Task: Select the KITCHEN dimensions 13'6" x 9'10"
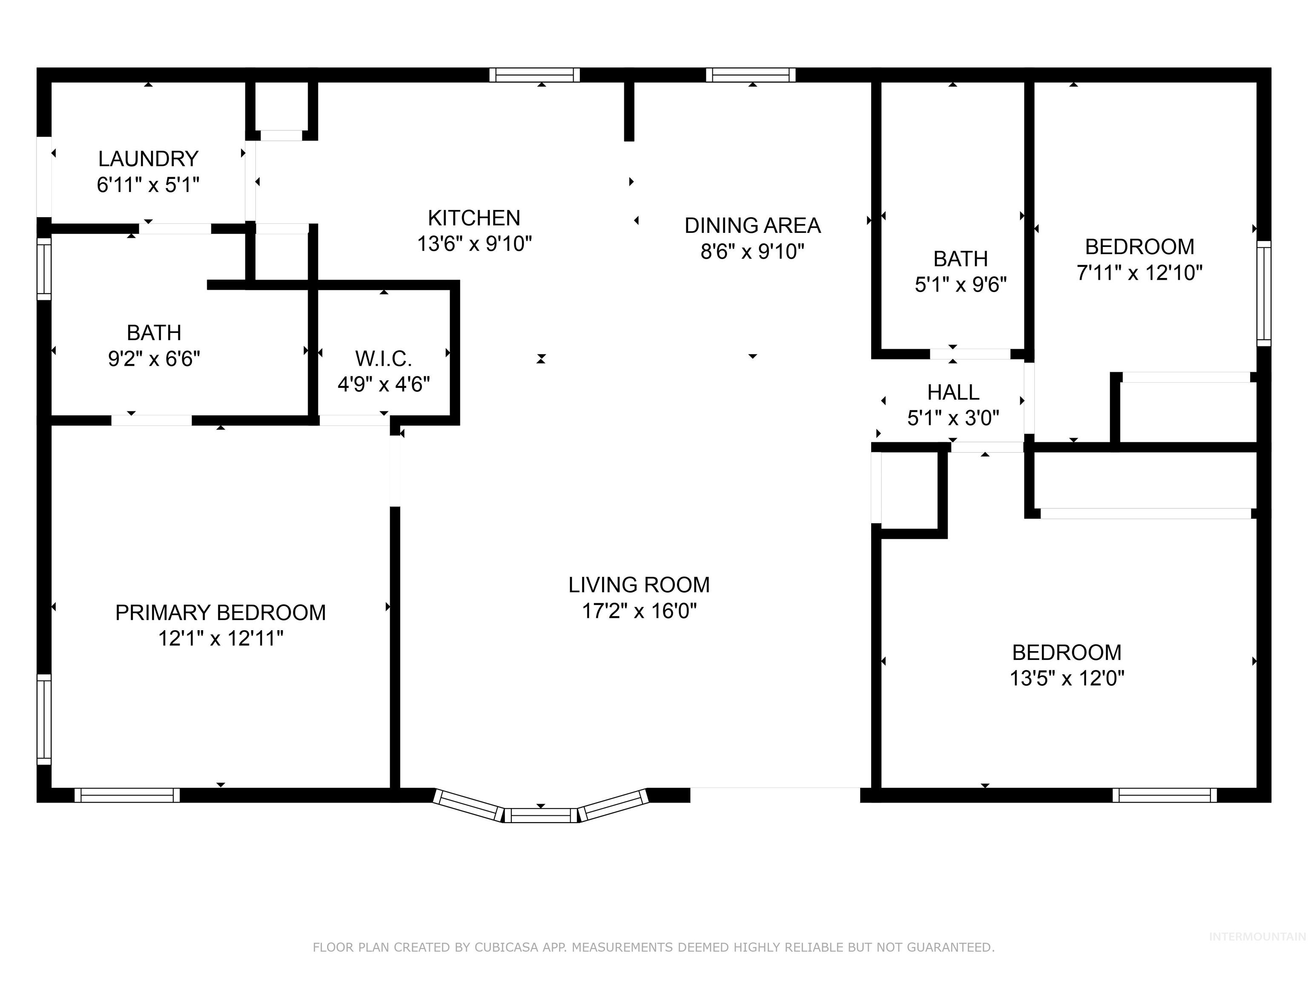coord(474,244)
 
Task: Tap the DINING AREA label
coord(752,225)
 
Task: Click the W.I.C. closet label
coord(383,359)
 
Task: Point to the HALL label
coord(952,392)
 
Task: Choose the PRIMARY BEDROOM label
coord(220,613)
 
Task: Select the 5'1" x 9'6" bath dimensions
coord(960,285)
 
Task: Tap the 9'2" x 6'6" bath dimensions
coord(154,359)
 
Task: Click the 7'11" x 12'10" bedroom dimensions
coord(1139,272)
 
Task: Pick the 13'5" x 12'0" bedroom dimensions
coord(1067,678)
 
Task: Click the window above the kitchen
coord(534,75)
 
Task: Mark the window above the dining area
coord(750,75)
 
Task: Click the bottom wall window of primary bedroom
coord(127,795)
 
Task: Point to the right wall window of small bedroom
coord(1264,293)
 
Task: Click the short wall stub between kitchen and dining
coord(629,111)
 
